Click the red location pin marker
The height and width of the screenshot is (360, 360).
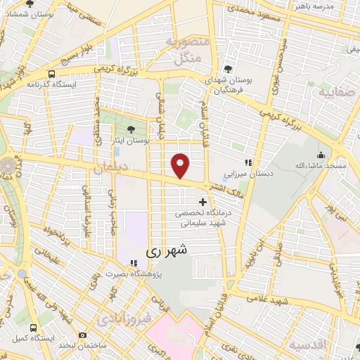click(x=181, y=165)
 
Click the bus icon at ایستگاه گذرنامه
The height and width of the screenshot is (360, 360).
click(x=51, y=74)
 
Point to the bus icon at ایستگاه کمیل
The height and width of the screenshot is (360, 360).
click(x=34, y=328)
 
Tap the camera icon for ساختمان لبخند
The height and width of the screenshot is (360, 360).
click(x=83, y=335)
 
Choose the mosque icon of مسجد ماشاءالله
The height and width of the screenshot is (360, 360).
click(x=321, y=155)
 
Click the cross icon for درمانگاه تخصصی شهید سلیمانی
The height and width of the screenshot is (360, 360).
click(x=203, y=202)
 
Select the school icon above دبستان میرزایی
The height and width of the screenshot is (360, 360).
click(x=247, y=162)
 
